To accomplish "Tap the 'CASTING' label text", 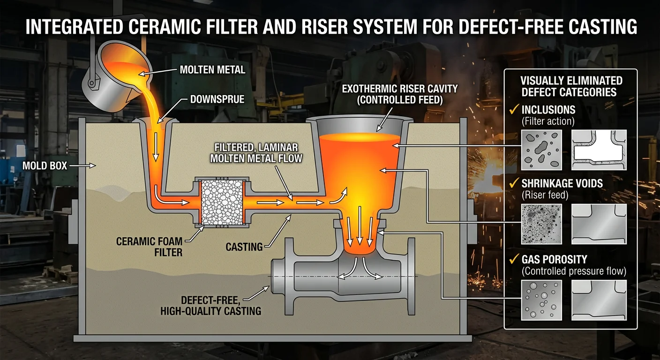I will (x=244, y=246).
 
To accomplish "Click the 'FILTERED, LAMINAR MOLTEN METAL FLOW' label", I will (x=256, y=152).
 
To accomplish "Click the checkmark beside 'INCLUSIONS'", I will (x=514, y=110).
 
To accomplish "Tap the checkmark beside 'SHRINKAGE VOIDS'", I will (x=514, y=184).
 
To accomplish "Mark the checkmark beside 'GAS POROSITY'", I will (x=514, y=259).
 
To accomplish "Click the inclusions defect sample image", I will (x=541, y=150).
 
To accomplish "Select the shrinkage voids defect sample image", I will (x=541, y=224).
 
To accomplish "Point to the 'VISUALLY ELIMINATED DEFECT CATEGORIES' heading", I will (x=571, y=86).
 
